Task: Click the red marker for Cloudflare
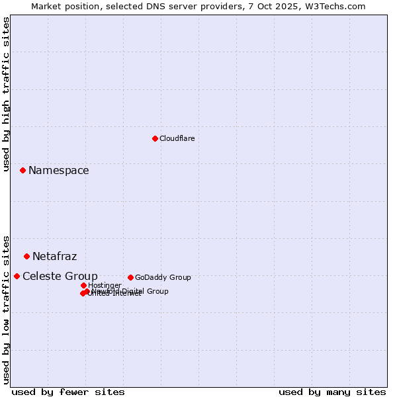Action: pos(155,138)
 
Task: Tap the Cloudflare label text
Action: pos(177,138)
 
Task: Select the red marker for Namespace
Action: pos(22,170)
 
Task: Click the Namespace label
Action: pos(58,171)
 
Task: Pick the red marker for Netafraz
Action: pos(26,256)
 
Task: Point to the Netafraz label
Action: pos(54,257)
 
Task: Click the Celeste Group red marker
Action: pos(17,276)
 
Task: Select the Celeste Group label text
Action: pos(60,277)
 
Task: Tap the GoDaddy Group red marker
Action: pos(130,277)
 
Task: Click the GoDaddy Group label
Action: pos(163,277)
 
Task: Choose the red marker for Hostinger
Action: pos(83,285)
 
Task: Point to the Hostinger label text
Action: pos(105,285)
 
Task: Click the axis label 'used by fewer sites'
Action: pos(68,392)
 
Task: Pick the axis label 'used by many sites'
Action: pos(332,392)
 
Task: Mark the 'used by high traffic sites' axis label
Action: pos(6,94)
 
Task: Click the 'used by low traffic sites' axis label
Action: pos(6,309)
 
